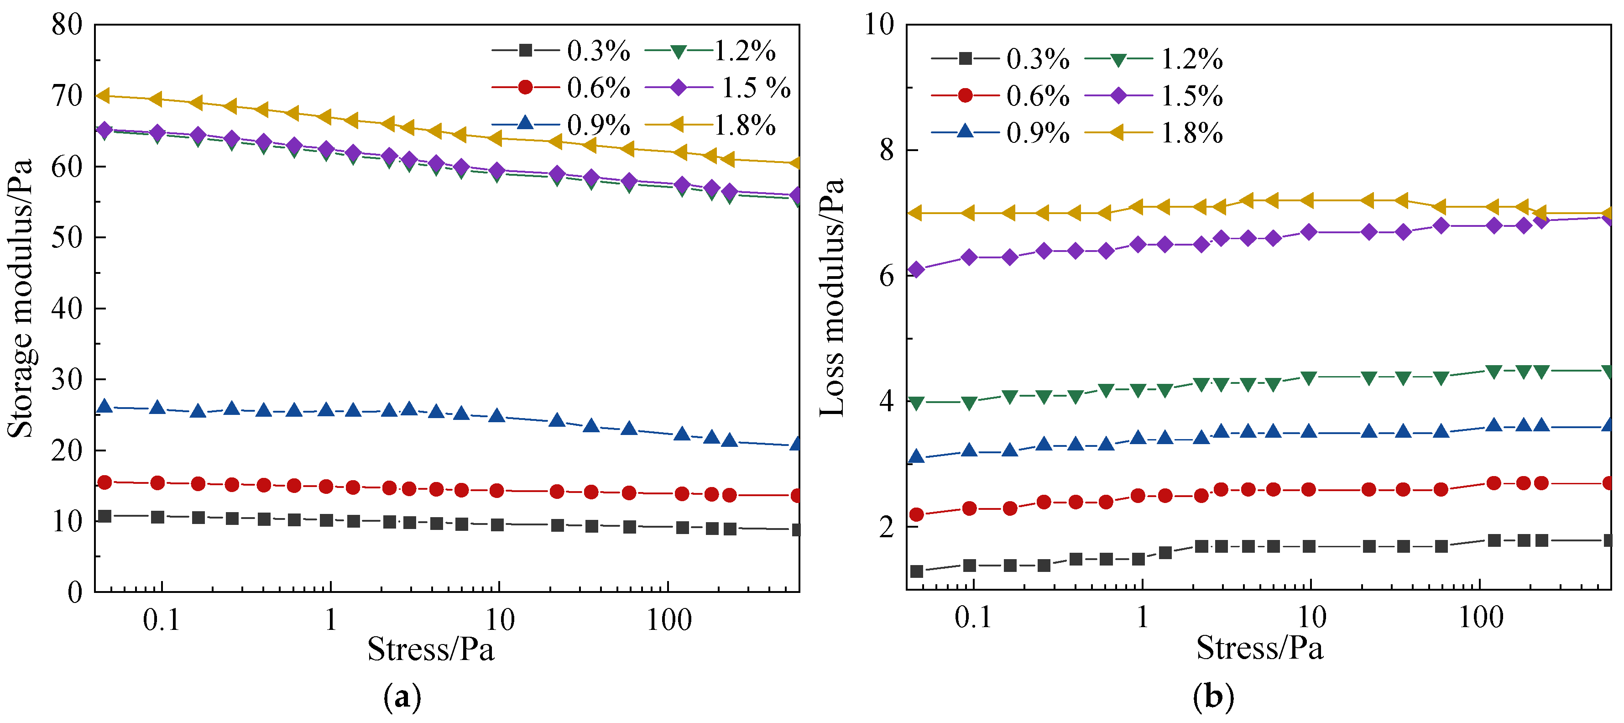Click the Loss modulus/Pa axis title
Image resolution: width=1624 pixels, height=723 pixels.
pos(832,297)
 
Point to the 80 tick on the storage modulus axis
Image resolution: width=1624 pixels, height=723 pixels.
pos(67,25)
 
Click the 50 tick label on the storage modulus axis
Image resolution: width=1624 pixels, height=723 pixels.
pos(67,238)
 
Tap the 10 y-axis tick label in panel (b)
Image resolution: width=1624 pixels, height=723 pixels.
pos(879,25)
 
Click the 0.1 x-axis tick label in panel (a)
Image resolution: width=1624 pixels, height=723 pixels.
pos(162,621)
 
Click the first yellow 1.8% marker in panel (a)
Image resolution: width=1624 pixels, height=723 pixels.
pos(104,96)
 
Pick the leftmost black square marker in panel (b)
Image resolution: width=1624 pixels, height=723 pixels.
pos(917,571)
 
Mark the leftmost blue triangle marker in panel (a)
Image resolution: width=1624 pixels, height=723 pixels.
pos(104,407)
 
